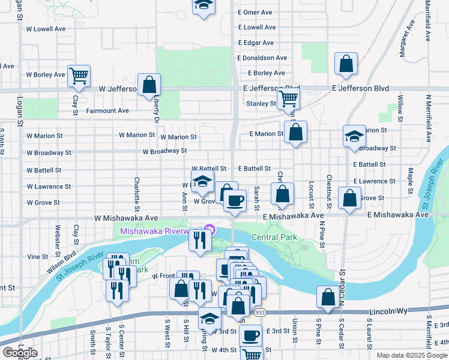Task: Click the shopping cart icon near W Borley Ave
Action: pos(79,76)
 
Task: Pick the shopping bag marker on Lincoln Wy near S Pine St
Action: pos(328,297)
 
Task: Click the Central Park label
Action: pos(274,238)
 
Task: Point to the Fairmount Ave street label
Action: pos(107,111)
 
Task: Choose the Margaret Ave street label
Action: pos(406,41)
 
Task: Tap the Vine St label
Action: pos(37,257)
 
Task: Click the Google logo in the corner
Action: pos(20,353)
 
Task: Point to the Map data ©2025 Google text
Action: pos(411,355)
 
